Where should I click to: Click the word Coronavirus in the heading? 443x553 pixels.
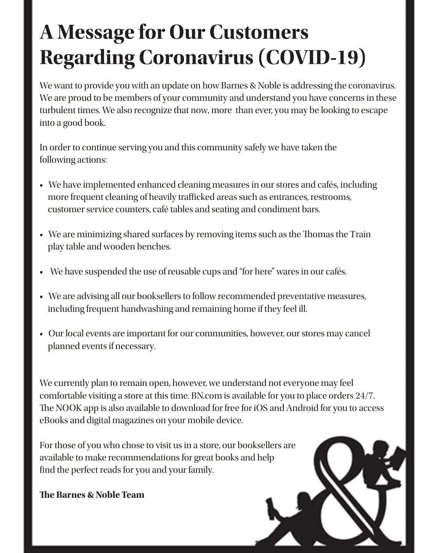196,58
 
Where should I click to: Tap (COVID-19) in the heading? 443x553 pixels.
312,58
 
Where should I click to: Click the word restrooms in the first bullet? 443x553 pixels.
331,197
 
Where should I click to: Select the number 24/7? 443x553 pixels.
365,396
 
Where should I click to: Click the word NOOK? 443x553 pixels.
69,408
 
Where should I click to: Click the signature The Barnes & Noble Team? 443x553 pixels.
92,495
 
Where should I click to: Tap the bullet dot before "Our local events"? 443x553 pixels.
41,334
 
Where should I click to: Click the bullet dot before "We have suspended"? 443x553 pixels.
41,272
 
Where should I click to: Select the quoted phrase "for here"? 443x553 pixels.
257,272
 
